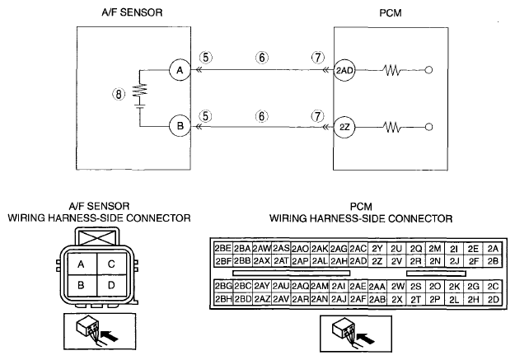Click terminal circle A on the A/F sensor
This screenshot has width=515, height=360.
tap(180, 70)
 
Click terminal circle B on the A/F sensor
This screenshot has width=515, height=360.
tap(180, 126)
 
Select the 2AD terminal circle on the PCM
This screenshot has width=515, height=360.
tap(344, 70)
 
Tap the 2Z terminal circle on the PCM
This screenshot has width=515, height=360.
tap(344, 127)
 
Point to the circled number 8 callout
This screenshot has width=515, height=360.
tap(119, 94)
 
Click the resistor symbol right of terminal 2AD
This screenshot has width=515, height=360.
tap(392, 70)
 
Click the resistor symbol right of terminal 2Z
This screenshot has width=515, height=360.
tap(392, 127)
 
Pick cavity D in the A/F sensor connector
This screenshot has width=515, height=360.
tap(111, 285)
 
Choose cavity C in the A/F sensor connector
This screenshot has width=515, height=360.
tap(111, 264)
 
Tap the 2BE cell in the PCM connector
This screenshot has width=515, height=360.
tap(223, 248)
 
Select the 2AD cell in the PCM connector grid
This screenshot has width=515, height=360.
tap(358, 261)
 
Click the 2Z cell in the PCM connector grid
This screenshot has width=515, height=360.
tap(377, 261)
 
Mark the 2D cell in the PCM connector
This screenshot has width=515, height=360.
tap(493, 299)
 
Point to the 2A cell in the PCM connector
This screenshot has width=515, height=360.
tap(493, 249)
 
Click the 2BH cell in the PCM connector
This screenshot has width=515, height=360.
tap(223, 299)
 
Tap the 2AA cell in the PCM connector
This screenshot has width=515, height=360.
tap(377, 287)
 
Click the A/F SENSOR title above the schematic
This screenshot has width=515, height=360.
tap(132, 12)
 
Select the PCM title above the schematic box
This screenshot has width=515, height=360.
tap(391, 13)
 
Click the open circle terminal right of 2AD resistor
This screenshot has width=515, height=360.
tap(428, 70)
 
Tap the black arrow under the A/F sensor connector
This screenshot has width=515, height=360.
tap(110, 336)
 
